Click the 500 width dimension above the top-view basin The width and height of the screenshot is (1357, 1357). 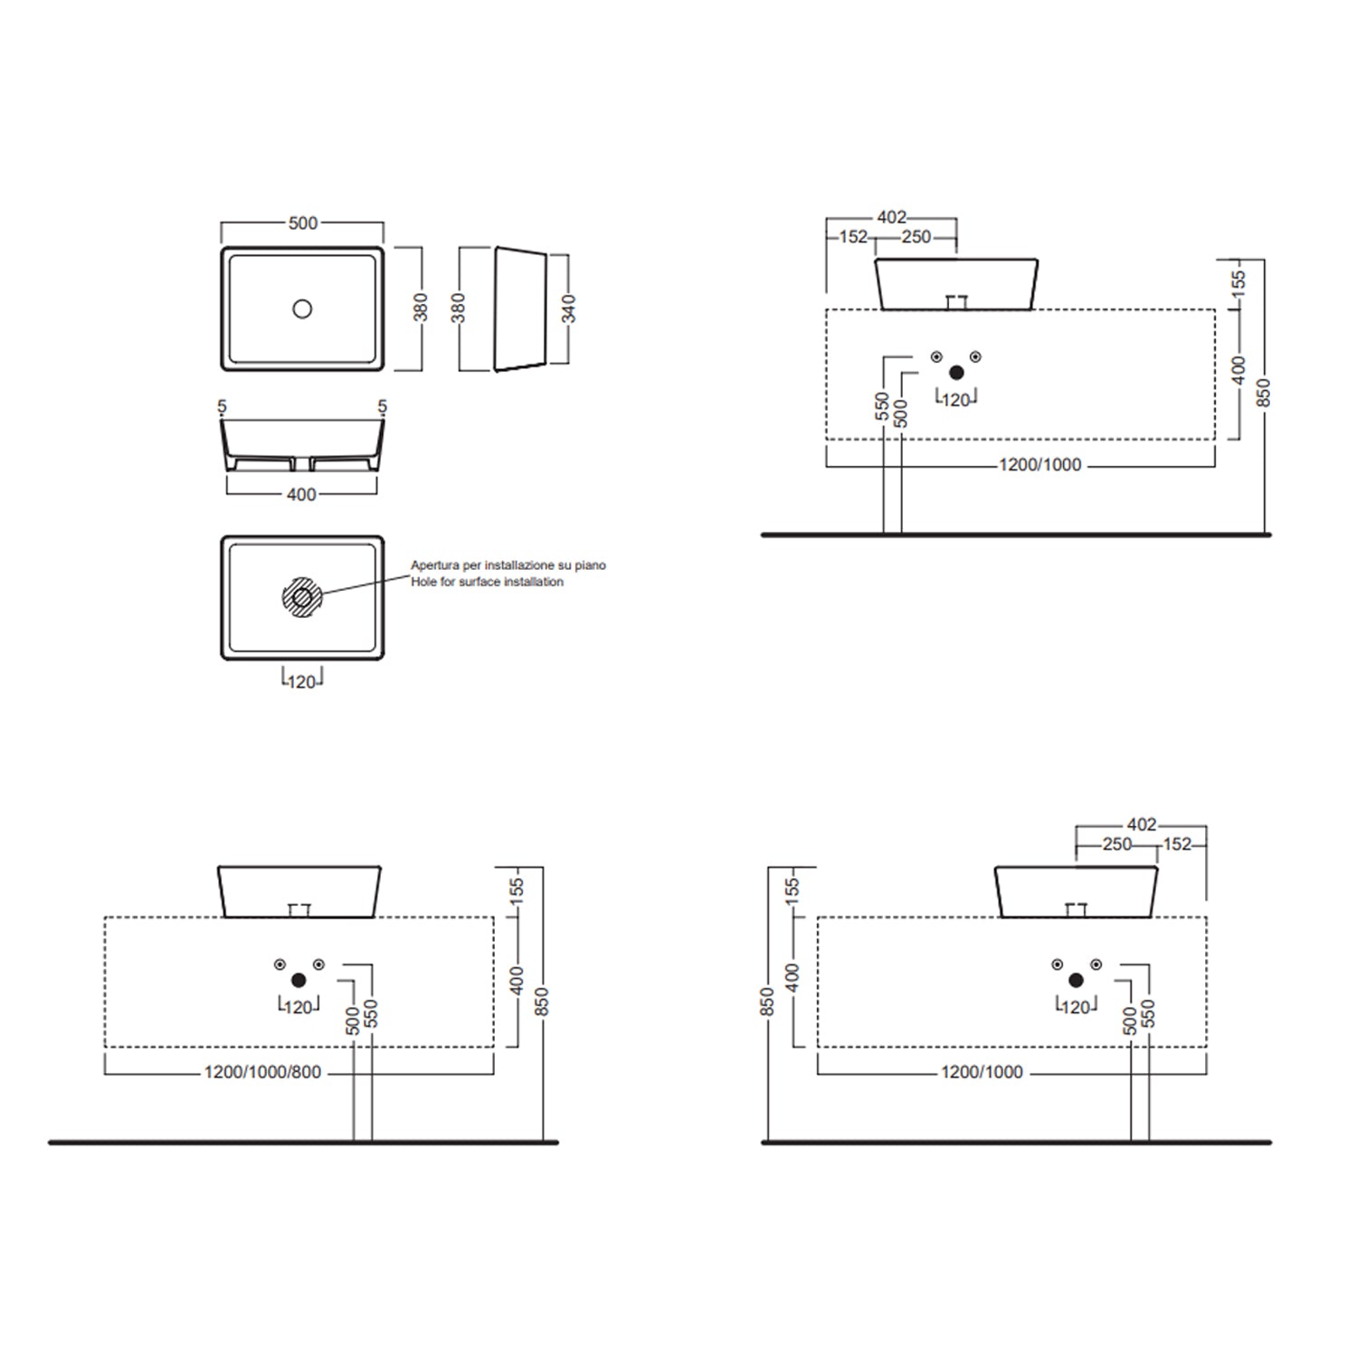click(303, 223)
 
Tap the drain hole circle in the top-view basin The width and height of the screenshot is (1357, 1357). click(302, 308)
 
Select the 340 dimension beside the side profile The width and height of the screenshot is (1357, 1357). click(568, 308)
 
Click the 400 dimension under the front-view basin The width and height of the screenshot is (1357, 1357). click(301, 495)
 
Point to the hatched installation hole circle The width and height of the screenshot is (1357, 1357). click(301, 597)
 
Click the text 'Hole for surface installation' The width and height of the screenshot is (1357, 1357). click(487, 582)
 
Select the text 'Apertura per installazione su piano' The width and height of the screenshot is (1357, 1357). click(508, 565)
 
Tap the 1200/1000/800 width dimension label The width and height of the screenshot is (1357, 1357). click(262, 1073)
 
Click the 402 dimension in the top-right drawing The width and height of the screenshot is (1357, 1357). click(891, 217)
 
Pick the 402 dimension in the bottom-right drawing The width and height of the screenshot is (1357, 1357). click(1142, 824)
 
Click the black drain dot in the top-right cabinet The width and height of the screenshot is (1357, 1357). click(956, 373)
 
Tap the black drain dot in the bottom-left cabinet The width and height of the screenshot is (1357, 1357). click(299, 981)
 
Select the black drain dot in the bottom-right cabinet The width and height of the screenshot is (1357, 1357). click(1076, 981)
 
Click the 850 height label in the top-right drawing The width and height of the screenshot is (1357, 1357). click(1265, 393)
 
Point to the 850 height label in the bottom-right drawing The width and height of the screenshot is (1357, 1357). click(767, 1001)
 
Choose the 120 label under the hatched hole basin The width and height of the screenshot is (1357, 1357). click(302, 681)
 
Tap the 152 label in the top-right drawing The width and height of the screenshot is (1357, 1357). click(853, 237)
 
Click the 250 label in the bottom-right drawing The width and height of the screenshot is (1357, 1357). click(1117, 844)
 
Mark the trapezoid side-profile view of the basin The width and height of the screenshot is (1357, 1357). click(520, 308)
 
